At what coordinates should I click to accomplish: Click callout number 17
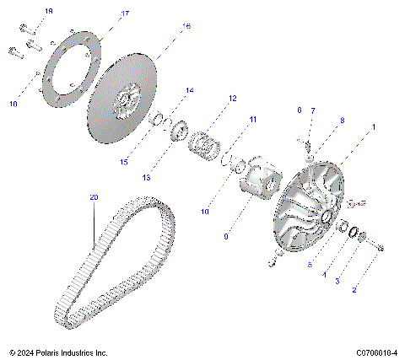[124, 13]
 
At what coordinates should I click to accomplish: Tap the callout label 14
[189, 90]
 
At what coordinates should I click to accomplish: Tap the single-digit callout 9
[224, 237]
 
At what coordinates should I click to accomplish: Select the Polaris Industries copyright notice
[58, 352]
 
